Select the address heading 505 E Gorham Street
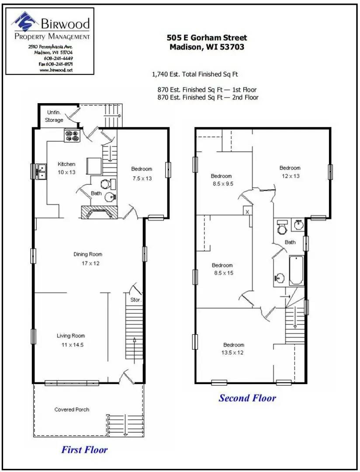click(x=207, y=38)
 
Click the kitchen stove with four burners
click(x=73, y=136)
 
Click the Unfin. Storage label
click(x=55, y=116)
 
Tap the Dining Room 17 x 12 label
click(x=88, y=259)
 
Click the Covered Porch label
click(x=72, y=410)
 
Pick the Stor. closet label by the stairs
click(x=135, y=300)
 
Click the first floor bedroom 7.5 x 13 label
click(x=142, y=174)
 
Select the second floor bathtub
click(x=296, y=271)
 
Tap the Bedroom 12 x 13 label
click(x=290, y=172)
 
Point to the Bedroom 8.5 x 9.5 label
click(x=222, y=180)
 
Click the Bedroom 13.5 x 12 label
click(x=234, y=349)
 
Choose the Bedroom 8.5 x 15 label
click(x=222, y=269)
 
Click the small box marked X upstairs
click(x=247, y=211)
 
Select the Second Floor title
click(x=247, y=398)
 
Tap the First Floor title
click(x=84, y=449)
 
